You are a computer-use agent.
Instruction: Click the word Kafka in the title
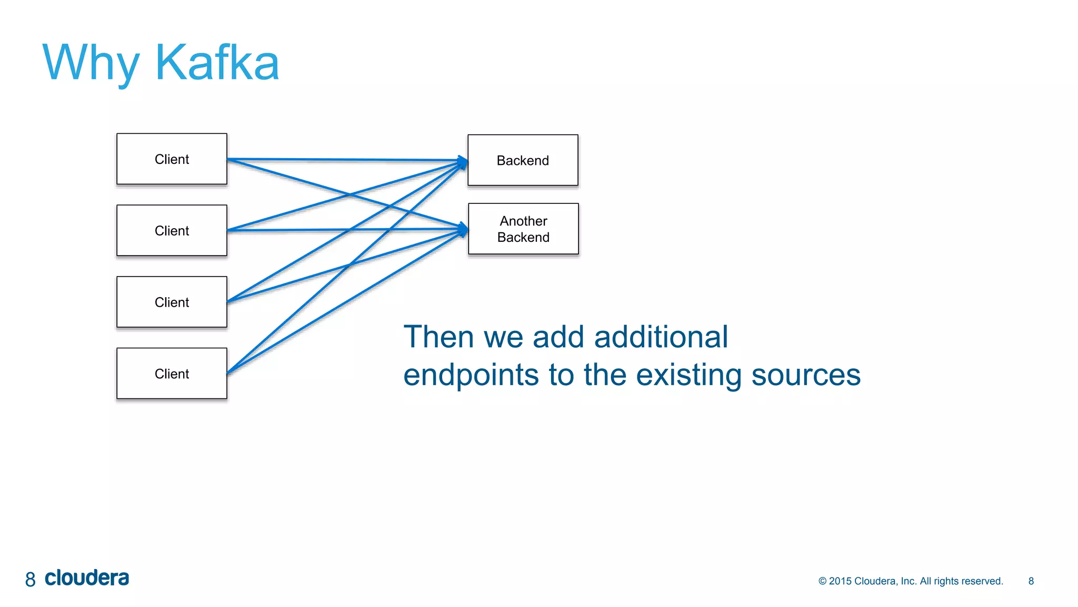[217, 63]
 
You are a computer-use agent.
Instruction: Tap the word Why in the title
[91, 63]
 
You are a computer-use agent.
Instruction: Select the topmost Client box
[172, 159]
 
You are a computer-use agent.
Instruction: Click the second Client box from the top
[172, 231]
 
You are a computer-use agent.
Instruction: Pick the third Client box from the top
[172, 302]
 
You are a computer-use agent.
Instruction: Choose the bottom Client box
[172, 374]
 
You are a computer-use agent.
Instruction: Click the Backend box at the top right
[523, 160]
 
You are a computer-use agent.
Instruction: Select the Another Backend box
[523, 229]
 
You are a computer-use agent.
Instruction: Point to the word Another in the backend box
[523, 221]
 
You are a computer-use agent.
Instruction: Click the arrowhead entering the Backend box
[463, 161]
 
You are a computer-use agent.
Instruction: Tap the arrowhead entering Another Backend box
[463, 229]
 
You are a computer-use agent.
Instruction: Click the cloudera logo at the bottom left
[87, 578]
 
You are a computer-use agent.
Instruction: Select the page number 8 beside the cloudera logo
[31, 580]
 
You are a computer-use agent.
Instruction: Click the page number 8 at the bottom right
[1031, 581]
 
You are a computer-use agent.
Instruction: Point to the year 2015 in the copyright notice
[840, 581]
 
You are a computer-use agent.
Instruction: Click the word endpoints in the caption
[471, 375]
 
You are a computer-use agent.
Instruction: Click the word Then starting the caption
[438, 337]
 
